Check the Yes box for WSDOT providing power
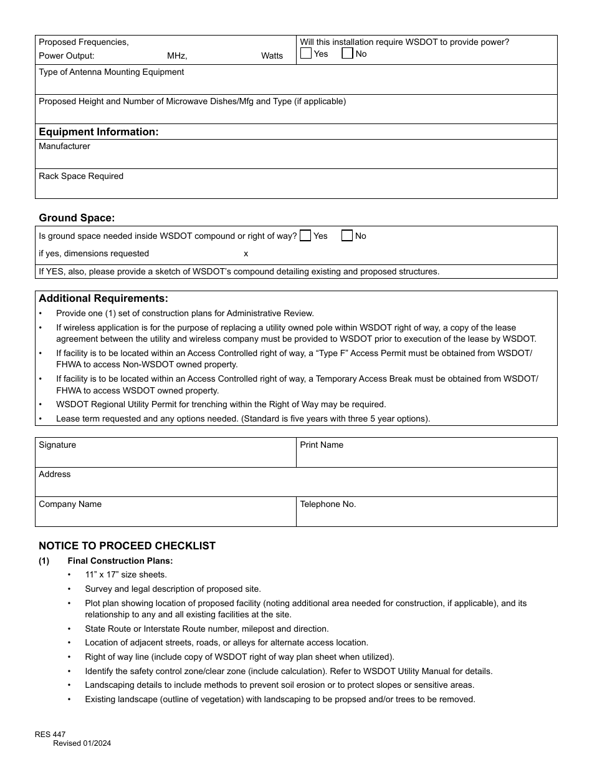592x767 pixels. (x=306, y=54)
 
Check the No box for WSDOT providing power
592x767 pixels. (x=347, y=54)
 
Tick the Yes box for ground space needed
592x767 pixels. (x=305, y=236)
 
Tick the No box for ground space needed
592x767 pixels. (x=347, y=236)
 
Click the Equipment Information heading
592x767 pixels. (x=98, y=132)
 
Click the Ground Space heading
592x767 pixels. (x=77, y=218)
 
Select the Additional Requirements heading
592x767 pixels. (x=103, y=298)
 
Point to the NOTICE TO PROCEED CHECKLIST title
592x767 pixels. (x=127, y=546)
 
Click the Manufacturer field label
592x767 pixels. (x=64, y=146)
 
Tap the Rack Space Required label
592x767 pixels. (x=81, y=176)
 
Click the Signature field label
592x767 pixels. (x=57, y=445)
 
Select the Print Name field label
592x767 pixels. (x=322, y=445)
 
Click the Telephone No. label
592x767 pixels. (x=328, y=504)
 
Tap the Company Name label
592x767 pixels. (x=70, y=504)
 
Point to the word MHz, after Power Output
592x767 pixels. (x=177, y=55)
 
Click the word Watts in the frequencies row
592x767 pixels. (x=272, y=55)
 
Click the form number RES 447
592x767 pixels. (x=50, y=735)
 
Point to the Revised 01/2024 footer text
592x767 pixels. (x=82, y=743)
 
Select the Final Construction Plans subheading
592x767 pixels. (x=120, y=561)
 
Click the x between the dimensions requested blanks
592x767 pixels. (x=246, y=253)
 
